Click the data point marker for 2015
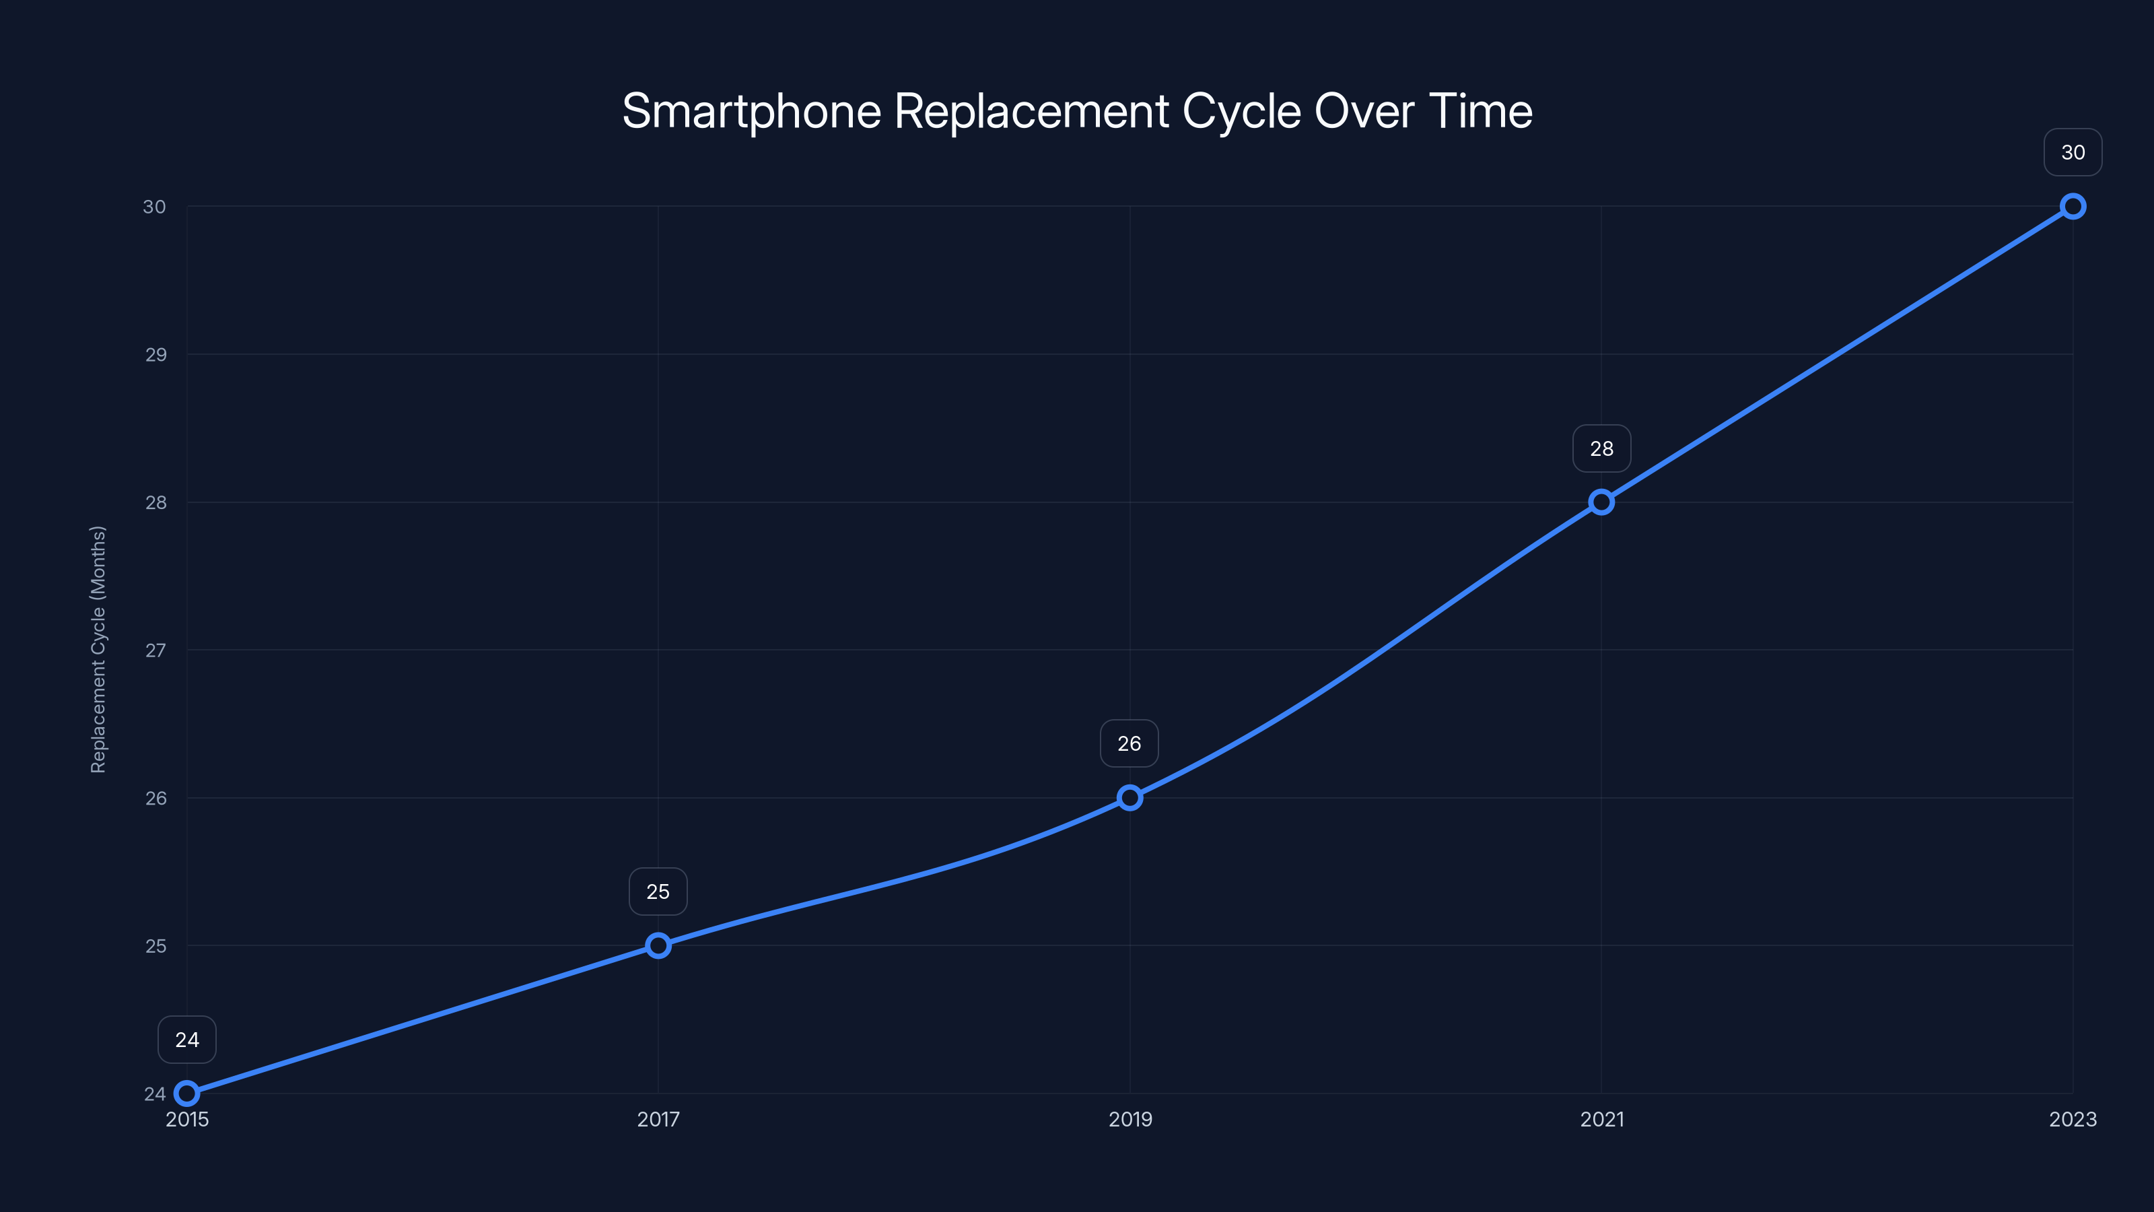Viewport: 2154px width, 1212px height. (186, 1093)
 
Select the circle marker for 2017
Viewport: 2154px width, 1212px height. (658, 945)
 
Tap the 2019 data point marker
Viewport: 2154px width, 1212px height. (1130, 797)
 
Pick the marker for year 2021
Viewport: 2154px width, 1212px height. (1601, 502)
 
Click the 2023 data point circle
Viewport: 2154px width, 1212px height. (2073, 206)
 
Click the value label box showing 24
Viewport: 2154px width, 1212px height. (186, 1040)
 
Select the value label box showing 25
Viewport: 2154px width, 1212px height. (658, 891)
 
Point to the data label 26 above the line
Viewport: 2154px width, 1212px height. (1129, 743)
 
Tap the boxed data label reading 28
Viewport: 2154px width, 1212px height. (1601, 448)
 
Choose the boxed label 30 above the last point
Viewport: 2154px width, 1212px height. (2073, 152)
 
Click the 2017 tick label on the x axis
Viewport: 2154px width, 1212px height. (658, 1119)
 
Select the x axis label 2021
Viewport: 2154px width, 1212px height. (1601, 1119)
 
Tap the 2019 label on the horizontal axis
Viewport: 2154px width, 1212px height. (1130, 1119)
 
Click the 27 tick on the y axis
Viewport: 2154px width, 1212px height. (155, 650)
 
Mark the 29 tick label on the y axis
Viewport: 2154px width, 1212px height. (155, 355)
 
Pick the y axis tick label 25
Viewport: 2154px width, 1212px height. (155, 946)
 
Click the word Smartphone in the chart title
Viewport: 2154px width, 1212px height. (751, 111)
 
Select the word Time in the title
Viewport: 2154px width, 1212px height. (1480, 111)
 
